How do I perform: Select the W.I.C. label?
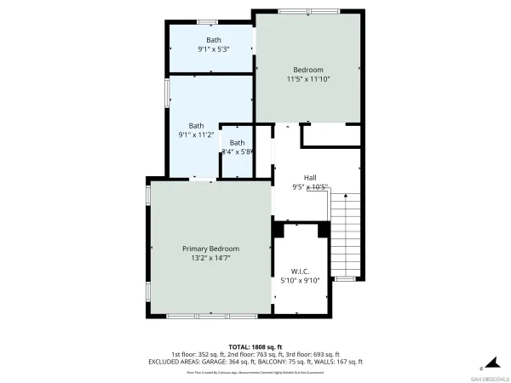pyautogui.click(x=300, y=271)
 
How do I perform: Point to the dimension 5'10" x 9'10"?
pyautogui.click(x=300, y=280)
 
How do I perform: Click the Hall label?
pyautogui.click(x=310, y=177)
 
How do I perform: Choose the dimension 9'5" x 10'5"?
pyautogui.click(x=310, y=186)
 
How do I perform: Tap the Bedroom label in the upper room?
pyautogui.click(x=308, y=69)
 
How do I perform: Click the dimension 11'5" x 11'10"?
pyautogui.click(x=308, y=78)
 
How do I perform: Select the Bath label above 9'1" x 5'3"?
pyautogui.click(x=213, y=39)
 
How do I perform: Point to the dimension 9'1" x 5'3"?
pyautogui.click(x=213, y=49)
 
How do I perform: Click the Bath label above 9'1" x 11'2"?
pyautogui.click(x=197, y=125)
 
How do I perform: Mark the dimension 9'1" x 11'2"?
pyautogui.click(x=197, y=134)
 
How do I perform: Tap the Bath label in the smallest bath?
pyautogui.click(x=237, y=142)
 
